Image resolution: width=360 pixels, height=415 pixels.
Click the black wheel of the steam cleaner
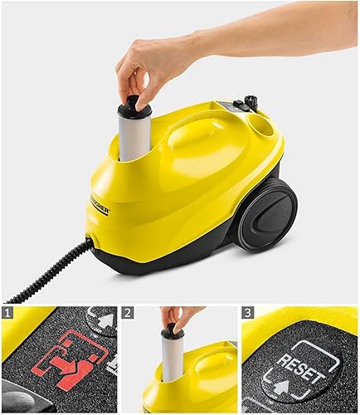267,214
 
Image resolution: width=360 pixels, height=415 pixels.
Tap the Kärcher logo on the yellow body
98,204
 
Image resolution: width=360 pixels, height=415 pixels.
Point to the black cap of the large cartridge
134,105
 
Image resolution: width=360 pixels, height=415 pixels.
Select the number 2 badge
129,314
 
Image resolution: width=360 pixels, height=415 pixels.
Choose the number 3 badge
249,314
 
